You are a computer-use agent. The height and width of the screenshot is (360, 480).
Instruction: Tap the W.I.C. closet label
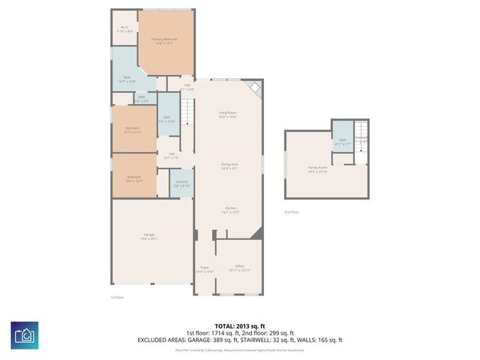pyautogui.click(x=125, y=29)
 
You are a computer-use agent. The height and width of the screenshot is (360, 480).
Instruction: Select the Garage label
pyautogui.click(x=149, y=237)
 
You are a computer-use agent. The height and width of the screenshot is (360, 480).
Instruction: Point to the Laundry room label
pyautogui.click(x=181, y=183)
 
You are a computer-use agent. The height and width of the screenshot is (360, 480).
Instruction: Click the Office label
pyautogui.click(x=239, y=268)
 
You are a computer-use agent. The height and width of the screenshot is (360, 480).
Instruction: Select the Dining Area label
pyautogui.click(x=229, y=166)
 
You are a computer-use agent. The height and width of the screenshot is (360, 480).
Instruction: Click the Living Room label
pyautogui.click(x=227, y=115)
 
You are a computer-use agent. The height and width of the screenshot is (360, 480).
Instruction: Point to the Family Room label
pyautogui.click(x=318, y=169)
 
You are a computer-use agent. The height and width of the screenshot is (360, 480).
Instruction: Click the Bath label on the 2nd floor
pyautogui.click(x=343, y=141)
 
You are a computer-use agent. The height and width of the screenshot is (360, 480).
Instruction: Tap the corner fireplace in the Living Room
pyautogui.click(x=256, y=88)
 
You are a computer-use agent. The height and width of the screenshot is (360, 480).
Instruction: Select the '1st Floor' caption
pyautogui.click(x=117, y=297)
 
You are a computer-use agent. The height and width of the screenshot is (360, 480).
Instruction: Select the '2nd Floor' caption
pyautogui.click(x=291, y=212)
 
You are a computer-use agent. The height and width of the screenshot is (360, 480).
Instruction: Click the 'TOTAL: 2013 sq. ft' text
pyautogui.click(x=239, y=326)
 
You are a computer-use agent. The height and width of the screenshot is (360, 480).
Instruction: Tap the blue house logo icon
pyautogui.click(x=25, y=333)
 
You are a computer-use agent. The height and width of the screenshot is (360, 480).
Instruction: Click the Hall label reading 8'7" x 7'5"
pyautogui.click(x=171, y=156)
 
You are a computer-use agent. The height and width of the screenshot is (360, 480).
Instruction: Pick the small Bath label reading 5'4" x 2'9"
pyautogui.click(x=141, y=98)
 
